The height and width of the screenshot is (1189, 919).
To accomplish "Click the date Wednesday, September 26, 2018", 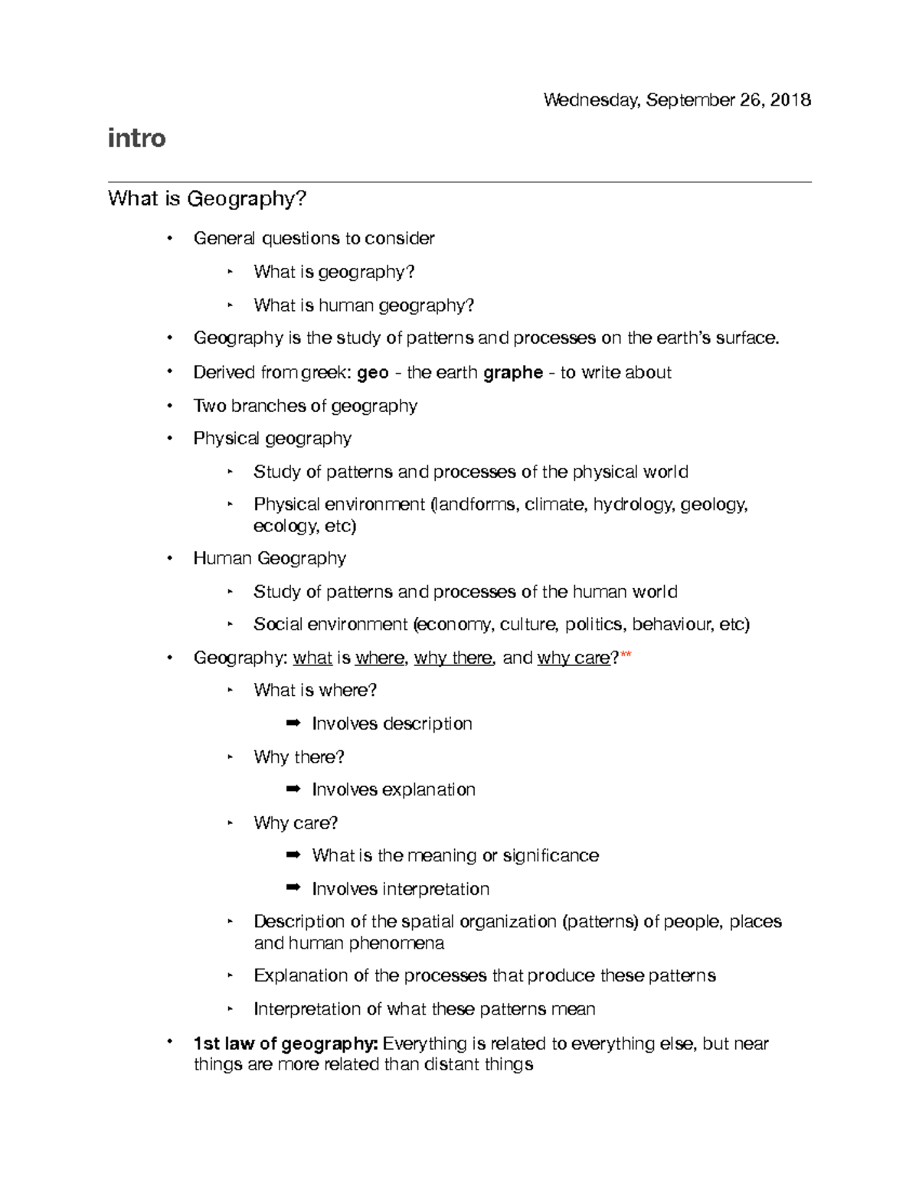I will [x=677, y=100].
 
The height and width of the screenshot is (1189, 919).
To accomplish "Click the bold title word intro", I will [x=136, y=139].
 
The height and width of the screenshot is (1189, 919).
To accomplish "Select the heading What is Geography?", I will [x=207, y=199].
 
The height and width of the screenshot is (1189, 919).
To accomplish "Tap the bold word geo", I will [x=373, y=373].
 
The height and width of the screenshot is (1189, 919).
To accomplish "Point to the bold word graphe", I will [x=513, y=373].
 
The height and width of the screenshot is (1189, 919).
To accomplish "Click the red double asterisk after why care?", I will [x=626, y=656].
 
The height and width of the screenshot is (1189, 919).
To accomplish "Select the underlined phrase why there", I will [x=454, y=658].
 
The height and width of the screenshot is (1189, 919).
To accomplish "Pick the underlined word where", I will [x=381, y=658].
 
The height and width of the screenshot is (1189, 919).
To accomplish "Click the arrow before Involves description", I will [x=293, y=724].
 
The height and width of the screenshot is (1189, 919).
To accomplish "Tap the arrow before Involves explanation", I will [x=293, y=789].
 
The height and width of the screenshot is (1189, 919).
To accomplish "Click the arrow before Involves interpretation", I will [x=293, y=888].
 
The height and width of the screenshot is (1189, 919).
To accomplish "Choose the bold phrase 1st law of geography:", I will [x=285, y=1044].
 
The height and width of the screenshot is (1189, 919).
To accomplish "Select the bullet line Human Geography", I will [x=270, y=558].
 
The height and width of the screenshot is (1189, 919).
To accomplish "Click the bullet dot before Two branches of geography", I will [x=170, y=405].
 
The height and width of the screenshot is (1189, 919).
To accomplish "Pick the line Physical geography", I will [x=272, y=439].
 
